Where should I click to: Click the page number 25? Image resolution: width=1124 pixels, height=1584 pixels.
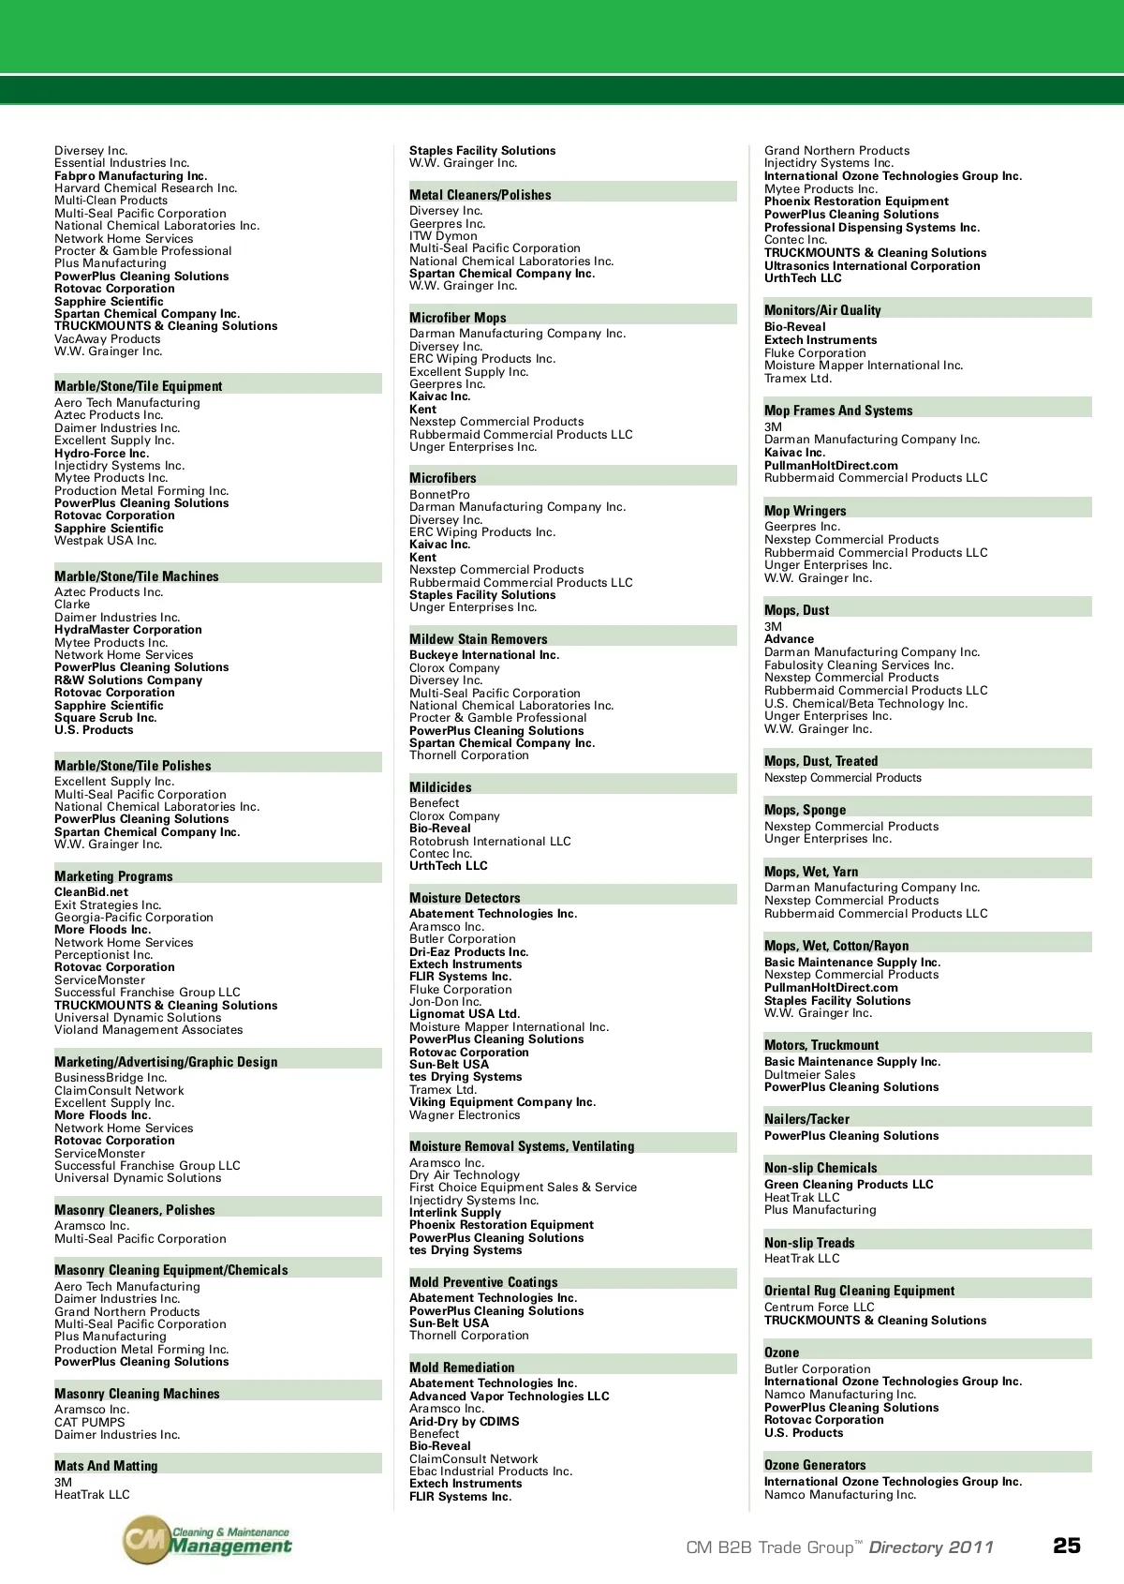(1066, 1546)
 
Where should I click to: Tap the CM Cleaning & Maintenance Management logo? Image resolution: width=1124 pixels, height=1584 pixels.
(208, 1540)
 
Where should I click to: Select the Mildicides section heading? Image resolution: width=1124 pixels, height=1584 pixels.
(440, 787)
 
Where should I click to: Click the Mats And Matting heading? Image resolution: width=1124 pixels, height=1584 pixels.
(106, 1466)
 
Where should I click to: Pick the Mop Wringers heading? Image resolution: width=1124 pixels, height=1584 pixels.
(805, 511)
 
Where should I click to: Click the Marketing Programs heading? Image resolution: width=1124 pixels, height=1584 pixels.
(113, 876)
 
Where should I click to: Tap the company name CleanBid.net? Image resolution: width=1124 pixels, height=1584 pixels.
(92, 892)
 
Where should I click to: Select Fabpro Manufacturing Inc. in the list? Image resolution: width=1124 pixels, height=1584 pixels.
(130, 175)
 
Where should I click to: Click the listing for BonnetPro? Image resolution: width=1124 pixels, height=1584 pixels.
(439, 494)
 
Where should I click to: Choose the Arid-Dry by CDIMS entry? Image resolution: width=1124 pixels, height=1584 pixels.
(464, 1421)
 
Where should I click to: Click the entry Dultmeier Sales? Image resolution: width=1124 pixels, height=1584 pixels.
(809, 1075)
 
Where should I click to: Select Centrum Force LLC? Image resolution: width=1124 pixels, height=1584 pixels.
(819, 1308)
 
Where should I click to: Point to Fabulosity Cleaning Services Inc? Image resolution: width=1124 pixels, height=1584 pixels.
(858, 665)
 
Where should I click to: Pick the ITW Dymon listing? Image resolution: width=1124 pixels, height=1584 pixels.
(443, 236)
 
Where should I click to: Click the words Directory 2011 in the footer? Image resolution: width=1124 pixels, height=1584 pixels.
(930, 1547)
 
